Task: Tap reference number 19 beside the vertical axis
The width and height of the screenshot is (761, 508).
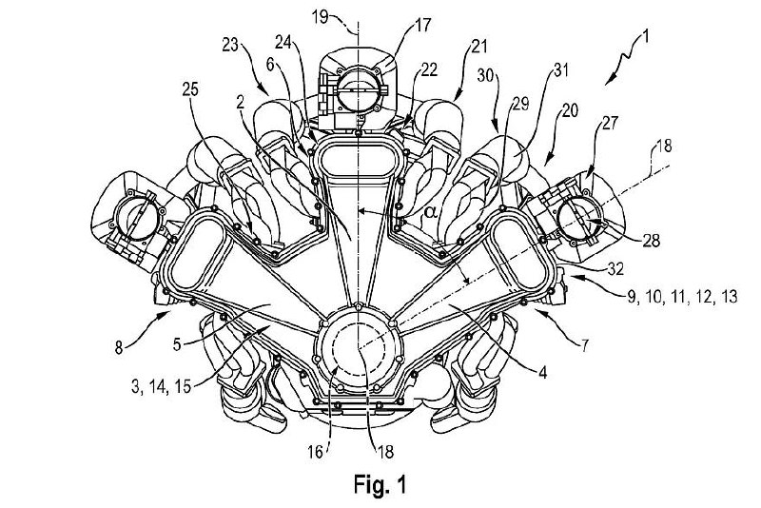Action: coord(341,15)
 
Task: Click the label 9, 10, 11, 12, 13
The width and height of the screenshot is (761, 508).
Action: coord(682,296)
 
